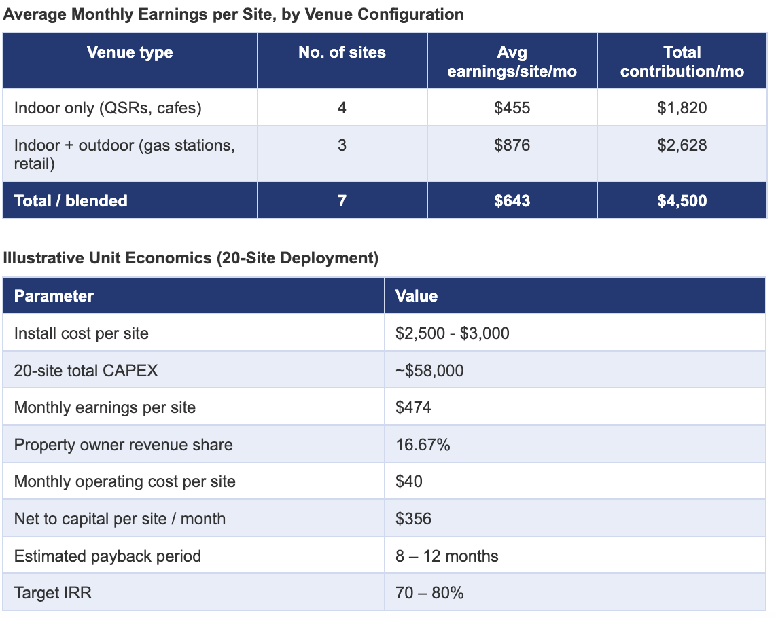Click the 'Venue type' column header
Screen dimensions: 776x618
click(130, 52)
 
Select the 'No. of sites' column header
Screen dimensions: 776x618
click(342, 52)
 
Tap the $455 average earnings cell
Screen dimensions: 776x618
click(512, 108)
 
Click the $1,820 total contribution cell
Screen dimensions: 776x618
click(682, 108)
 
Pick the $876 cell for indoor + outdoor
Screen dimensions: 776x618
click(512, 145)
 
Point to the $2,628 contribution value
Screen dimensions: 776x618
click(682, 145)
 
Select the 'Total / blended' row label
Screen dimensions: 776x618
click(71, 201)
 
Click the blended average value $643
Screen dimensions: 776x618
click(512, 201)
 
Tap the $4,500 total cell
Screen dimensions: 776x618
click(682, 201)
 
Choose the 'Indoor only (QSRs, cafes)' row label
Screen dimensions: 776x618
click(108, 108)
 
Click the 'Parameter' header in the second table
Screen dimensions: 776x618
click(54, 296)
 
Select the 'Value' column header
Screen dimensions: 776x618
click(417, 296)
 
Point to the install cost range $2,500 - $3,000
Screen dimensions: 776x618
click(453, 333)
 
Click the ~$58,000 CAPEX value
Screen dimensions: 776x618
click(429, 371)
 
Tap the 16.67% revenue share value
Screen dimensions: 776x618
click(423, 445)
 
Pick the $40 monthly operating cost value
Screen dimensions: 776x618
click(409, 481)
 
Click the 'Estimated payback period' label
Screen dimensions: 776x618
click(107, 556)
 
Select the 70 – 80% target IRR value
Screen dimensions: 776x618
click(429, 593)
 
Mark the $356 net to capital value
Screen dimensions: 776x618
click(413, 519)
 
